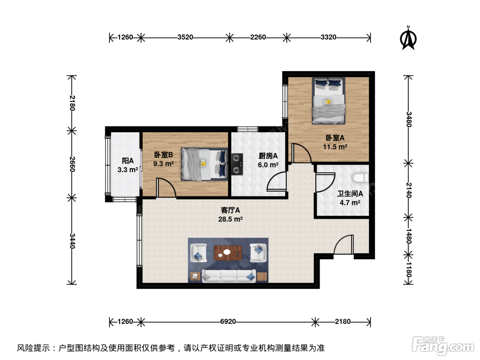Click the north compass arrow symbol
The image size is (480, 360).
408,38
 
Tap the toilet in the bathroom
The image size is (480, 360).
360,178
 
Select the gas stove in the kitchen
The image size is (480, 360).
237,164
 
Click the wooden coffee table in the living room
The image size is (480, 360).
228,253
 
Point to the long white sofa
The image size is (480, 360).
229,276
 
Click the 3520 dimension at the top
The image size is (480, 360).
185,37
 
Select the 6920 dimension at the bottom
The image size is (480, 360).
228,322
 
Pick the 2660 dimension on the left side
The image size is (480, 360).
72,164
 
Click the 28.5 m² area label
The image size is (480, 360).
230,219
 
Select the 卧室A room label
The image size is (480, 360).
335,138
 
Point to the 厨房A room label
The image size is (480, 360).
268,156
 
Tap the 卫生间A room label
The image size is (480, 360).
350,194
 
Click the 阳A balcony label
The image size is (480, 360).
128,161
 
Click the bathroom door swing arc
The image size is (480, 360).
325,182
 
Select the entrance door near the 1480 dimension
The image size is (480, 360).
344,244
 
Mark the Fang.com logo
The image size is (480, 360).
443,346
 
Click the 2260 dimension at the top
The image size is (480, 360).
258,37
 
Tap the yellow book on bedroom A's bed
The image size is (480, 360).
327,102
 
